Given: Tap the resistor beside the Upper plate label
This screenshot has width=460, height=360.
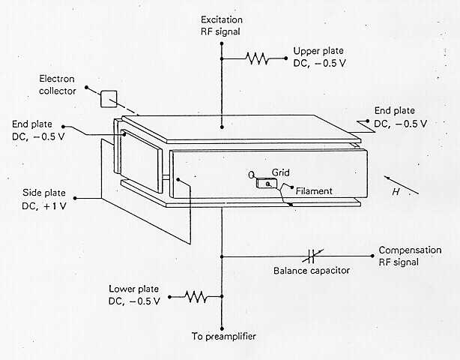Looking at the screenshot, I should [x=257, y=58].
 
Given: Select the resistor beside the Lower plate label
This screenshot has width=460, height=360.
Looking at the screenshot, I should [x=196, y=297].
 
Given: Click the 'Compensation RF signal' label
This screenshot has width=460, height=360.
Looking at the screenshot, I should [x=409, y=256].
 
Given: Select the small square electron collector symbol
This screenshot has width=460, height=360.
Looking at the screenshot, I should [x=109, y=98].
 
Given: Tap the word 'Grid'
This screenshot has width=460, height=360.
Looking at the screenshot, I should [x=280, y=172].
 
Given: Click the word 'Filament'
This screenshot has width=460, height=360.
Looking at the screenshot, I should [x=314, y=191].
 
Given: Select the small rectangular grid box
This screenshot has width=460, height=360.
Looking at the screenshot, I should [x=265, y=183].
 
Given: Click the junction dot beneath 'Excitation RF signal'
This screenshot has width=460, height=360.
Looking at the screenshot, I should [x=222, y=43].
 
